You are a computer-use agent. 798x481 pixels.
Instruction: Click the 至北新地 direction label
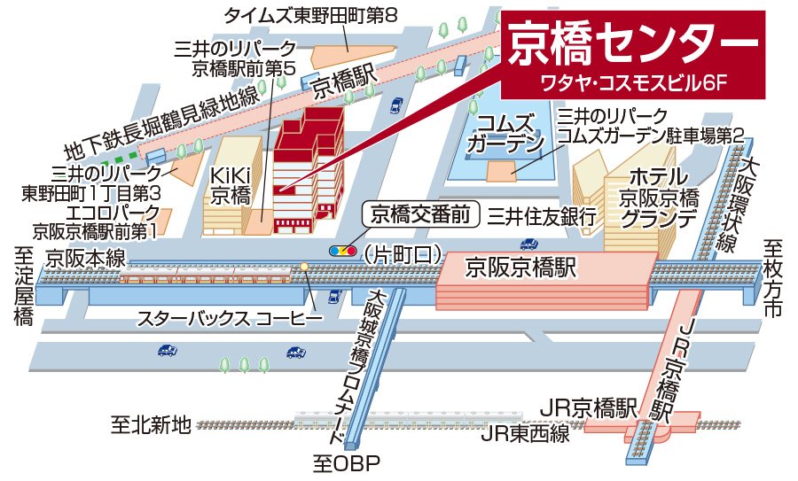pyautogui.click(x=150, y=425)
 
